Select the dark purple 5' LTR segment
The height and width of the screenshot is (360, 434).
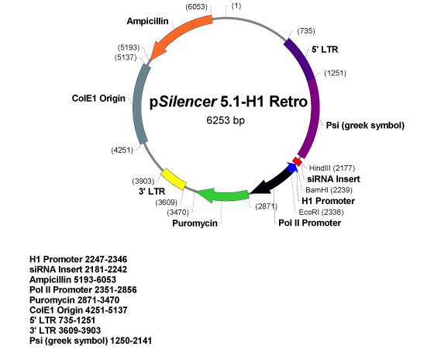(x=301, y=59)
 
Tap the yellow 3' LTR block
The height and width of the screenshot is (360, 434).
(x=174, y=178)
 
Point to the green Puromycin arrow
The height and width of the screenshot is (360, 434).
(x=223, y=195)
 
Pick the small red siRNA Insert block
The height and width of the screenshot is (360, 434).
(x=298, y=161)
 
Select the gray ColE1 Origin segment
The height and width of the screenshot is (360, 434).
(x=140, y=104)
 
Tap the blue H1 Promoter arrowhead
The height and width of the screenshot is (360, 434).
(x=292, y=168)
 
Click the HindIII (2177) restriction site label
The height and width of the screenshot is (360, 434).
(x=332, y=168)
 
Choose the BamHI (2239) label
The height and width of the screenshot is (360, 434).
(x=329, y=190)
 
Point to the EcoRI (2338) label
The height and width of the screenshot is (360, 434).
(x=321, y=212)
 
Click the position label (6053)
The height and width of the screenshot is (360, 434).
(x=196, y=7)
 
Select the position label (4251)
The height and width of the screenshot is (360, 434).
(x=122, y=151)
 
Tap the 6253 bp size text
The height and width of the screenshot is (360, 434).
(x=226, y=120)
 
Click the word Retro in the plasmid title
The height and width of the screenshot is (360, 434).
(x=288, y=102)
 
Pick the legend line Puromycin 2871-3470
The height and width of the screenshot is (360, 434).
(x=74, y=299)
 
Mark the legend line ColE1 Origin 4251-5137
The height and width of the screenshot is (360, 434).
(x=78, y=310)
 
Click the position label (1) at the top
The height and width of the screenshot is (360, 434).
(x=236, y=6)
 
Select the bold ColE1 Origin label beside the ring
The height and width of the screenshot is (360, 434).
(x=98, y=98)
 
